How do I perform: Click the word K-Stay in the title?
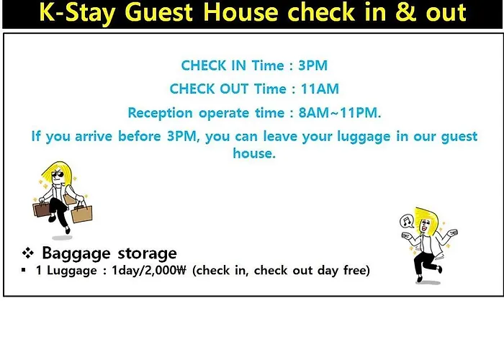point(77,13)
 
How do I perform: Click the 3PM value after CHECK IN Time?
point(312,66)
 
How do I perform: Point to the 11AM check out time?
point(320,89)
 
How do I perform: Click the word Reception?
point(160,113)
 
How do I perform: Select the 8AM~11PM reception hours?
point(340,113)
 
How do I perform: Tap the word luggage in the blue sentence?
point(364,138)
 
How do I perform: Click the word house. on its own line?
point(254,153)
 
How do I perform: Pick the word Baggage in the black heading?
point(76,253)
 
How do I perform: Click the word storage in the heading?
point(147,253)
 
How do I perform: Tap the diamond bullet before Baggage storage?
point(28,253)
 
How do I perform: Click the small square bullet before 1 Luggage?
point(23,270)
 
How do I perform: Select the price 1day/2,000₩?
point(148,270)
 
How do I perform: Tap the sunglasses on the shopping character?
point(58,174)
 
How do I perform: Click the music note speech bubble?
point(407,221)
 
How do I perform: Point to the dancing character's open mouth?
point(424,228)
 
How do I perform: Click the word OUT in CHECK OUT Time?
point(234,89)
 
